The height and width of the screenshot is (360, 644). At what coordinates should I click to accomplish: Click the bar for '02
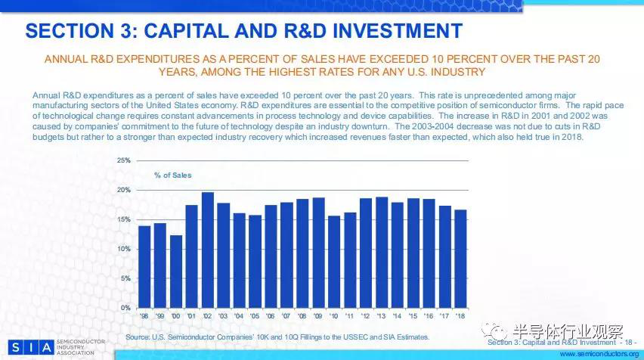(x=208, y=250)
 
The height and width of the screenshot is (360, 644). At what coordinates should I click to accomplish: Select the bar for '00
(x=175, y=272)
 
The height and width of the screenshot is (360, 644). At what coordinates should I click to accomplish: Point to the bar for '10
(x=333, y=262)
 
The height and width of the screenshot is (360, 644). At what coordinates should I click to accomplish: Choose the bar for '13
(x=381, y=253)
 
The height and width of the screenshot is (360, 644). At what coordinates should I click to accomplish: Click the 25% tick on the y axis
(x=124, y=161)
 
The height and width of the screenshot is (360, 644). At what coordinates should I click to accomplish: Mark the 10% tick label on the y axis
(x=124, y=249)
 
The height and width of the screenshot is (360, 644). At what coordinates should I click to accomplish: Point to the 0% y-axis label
(x=125, y=308)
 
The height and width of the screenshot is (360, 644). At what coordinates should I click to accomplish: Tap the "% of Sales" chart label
(x=173, y=175)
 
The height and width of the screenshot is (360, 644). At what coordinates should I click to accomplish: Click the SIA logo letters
(x=26, y=348)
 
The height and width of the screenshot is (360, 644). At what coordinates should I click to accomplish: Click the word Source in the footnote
(x=138, y=337)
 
